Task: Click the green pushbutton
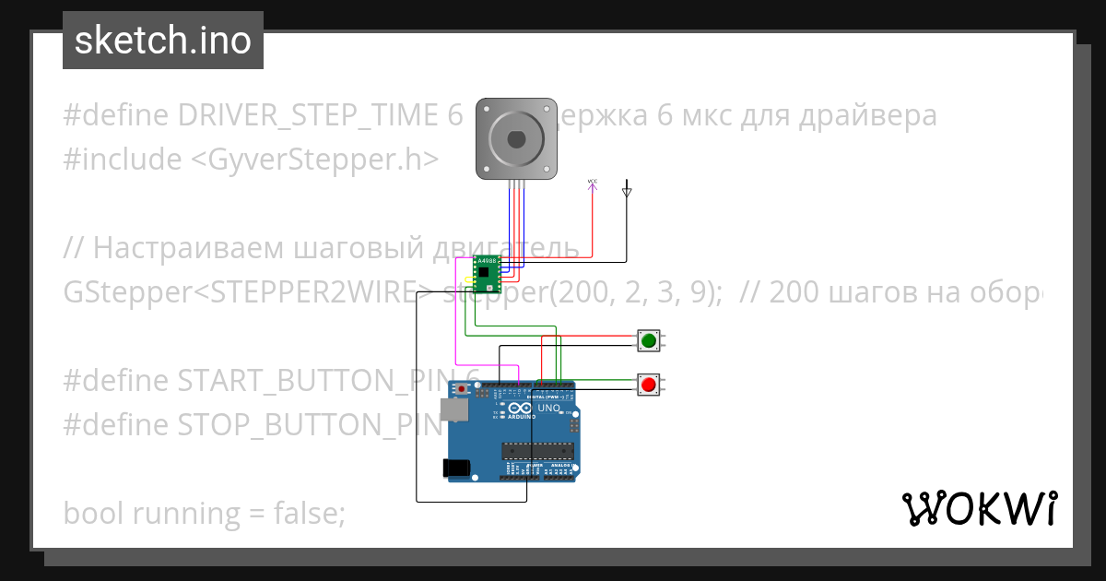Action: pos(648,341)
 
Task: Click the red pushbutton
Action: pos(648,384)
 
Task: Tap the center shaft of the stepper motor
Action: pos(516,139)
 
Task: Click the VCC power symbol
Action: pos(592,187)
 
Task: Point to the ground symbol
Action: pos(627,192)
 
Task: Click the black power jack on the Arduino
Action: pos(457,468)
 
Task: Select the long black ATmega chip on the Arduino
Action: pos(537,450)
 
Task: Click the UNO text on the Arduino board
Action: pos(549,408)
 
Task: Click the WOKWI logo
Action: pos(979,508)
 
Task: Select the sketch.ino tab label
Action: pos(163,41)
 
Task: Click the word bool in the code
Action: pos(94,513)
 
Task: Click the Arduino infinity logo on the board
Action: pos(521,409)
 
